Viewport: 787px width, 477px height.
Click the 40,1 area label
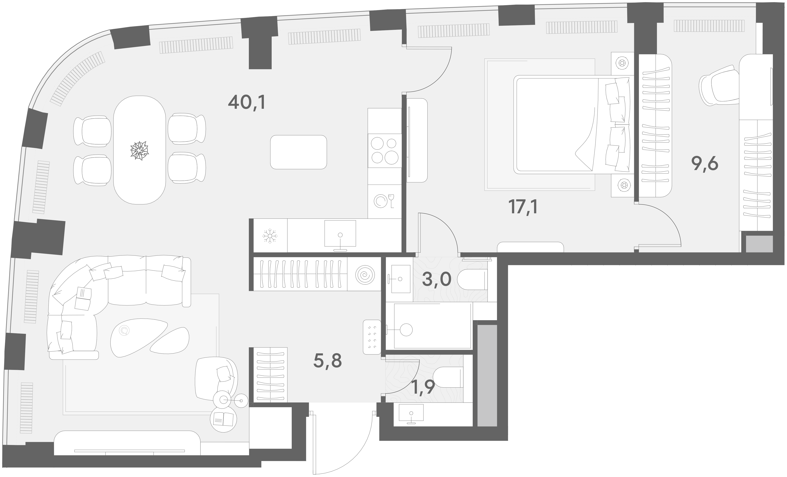(247, 103)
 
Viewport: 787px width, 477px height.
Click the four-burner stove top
(385, 151)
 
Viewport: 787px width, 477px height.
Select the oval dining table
(140, 150)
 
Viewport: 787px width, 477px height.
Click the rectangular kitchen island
(298, 152)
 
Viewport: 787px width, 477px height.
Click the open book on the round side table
(223, 418)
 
